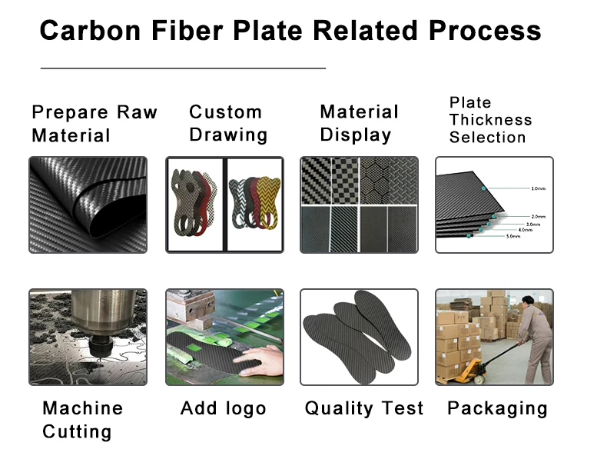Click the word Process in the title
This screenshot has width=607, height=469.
tap(484, 31)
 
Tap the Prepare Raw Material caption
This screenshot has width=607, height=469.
tap(94, 124)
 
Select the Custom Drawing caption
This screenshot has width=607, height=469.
tap(228, 124)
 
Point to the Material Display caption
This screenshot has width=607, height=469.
tap(359, 124)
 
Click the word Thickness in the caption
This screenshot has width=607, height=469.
tap(490, 120)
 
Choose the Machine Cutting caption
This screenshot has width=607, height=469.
tap(82, 420)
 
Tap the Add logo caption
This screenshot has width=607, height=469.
tap(223, 408)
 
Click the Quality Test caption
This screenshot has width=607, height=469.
tap(363, 408)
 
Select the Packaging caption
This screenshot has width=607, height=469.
tap(497, 408)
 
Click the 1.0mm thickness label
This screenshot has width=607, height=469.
tap(538, 188)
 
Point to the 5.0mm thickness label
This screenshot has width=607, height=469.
tap(512, 237)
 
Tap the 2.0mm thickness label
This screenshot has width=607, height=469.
tap(538, 217)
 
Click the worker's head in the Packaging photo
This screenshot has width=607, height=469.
tap(529, 301)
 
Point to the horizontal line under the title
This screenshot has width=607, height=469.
tap(183, 68)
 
